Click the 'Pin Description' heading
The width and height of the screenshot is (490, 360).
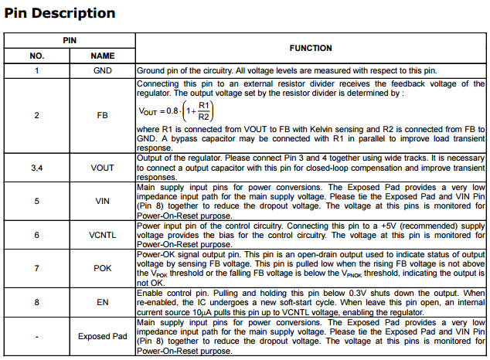point(60,13)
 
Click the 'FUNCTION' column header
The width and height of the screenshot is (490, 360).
point(311,48)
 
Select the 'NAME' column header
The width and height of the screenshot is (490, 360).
point(103,56)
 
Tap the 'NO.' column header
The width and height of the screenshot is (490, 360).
point(37,56)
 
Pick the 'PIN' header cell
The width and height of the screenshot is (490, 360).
point(70,39)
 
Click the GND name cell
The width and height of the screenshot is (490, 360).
point(103,70)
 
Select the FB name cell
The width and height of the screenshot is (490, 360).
point(103,115)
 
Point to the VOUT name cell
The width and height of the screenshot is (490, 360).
point(103,167)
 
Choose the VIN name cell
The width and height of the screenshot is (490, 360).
point(103,201)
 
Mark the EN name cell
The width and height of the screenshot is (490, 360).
point(103,303)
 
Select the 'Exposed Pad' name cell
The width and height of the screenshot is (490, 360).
point(103,336)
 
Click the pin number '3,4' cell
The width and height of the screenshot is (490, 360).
point(37,167)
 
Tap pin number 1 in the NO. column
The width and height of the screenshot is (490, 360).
point(37,70)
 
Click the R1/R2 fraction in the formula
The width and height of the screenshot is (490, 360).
point(204,110)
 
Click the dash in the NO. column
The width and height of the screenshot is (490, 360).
point(37,336)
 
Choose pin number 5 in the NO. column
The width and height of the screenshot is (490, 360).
point(37,201)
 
